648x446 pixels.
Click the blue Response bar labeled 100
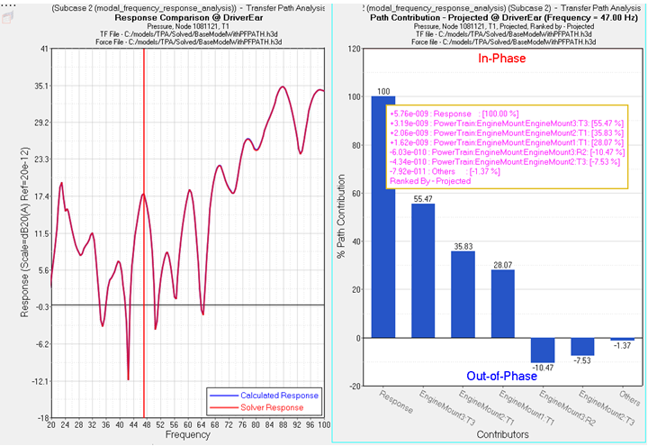[382, 216]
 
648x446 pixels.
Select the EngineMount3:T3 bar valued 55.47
[423, 270]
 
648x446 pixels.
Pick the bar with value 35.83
[463, 294]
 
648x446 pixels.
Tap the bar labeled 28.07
[502, 304]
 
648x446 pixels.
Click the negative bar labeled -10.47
[543, 350]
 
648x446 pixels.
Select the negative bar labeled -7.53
[582, 346]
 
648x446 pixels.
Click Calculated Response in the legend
[278, 396]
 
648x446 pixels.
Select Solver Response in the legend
[271, 408]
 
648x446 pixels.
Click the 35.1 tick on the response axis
[38, 86]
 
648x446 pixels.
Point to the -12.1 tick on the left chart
[38, 381]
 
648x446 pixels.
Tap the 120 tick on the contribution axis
[354, 50]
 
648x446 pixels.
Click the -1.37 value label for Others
[622, 346]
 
